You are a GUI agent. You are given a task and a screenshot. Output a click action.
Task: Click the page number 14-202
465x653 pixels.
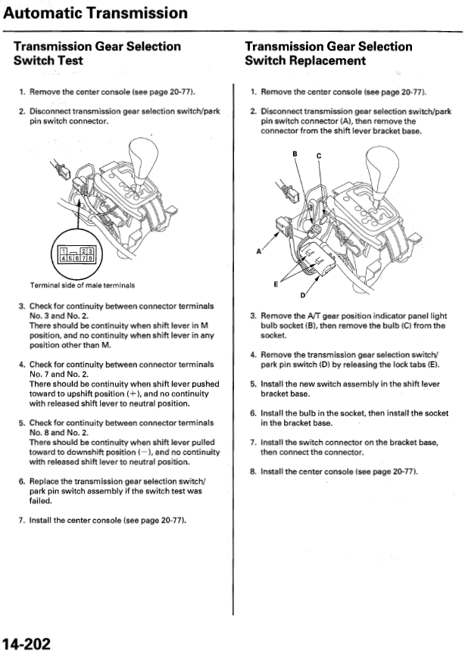click(26, 644)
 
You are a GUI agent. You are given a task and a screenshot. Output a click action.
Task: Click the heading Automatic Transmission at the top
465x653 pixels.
click(95, 13)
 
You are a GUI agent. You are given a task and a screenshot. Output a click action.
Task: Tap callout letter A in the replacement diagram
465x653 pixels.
click(259, 251)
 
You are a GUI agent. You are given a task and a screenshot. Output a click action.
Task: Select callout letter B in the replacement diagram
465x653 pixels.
click(295, 154)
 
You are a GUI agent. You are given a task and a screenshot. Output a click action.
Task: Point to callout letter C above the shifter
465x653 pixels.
click(319, 156)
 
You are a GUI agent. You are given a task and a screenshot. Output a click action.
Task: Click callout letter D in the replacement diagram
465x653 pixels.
click(302, 295)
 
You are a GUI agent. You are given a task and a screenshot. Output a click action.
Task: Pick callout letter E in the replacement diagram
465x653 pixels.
click(276, 285)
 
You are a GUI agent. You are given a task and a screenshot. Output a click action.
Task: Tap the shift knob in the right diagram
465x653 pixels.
click(381, 172)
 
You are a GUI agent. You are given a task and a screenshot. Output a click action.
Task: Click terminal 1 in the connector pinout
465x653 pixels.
click(64, 251)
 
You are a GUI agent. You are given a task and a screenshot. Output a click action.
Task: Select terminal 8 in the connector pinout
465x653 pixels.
click(91, 258)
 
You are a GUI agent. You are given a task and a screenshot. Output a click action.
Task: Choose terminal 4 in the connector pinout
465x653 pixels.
click(63, 258)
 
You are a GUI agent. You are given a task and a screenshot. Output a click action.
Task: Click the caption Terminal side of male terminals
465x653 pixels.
click(82, 285)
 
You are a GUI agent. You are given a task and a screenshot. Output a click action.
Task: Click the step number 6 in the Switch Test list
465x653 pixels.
click(21, 482)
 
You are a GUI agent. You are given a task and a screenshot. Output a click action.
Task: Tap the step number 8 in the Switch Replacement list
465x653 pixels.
click(252, 472)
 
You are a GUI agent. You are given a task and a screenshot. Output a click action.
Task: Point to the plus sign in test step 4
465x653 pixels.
click(132, 394)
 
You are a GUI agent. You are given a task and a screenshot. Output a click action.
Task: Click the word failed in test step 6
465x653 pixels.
click(41, 501)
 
